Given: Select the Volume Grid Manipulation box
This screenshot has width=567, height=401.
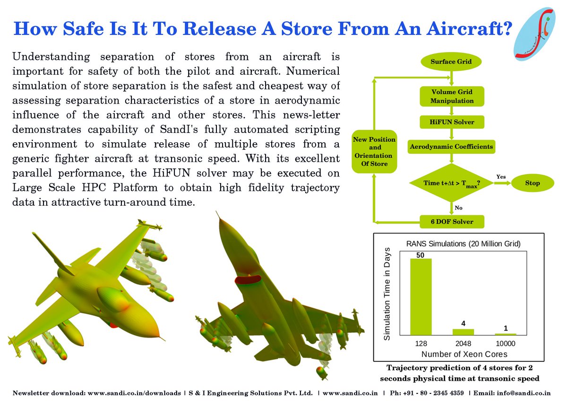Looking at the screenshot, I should click(452, 96).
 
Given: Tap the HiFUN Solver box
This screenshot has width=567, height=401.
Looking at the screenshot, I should click(452, 122).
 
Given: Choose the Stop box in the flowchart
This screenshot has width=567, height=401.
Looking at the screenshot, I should click(532, 183).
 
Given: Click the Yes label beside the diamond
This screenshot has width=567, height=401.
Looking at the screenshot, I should click(501, 176).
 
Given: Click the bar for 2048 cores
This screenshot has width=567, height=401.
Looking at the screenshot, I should click(463, 331).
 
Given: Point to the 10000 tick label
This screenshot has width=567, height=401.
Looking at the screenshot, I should click(505, 344).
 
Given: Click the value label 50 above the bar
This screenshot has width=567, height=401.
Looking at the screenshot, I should click(421, 255).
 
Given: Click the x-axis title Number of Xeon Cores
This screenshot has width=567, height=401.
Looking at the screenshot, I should click(463, 354).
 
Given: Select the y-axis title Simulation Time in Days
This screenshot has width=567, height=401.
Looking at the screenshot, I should click(387, 293).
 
